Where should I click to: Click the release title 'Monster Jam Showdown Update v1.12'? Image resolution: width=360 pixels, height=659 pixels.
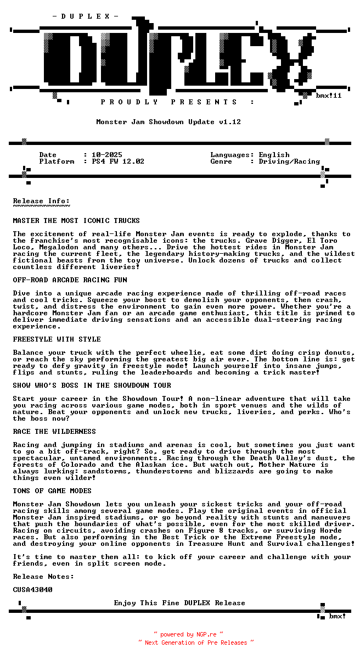point(168,122)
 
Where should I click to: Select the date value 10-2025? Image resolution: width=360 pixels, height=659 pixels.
point(107,155)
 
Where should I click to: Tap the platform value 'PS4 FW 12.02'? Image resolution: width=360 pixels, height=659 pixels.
point(118,161)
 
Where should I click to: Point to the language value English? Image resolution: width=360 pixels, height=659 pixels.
point(274,155)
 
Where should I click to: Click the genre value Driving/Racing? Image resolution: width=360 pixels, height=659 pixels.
point(289,161)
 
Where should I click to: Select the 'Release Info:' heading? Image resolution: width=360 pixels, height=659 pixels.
point(41,201)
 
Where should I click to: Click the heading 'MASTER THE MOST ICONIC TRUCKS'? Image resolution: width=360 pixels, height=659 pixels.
point(76,221)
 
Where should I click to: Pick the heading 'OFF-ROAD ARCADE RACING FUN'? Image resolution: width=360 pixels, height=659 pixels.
point(70,280)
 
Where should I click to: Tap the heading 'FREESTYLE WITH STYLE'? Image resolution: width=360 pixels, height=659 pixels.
point(57,339)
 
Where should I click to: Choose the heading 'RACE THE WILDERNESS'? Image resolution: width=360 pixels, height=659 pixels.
point(54,432)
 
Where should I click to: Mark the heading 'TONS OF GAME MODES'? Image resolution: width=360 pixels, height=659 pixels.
point(52,491)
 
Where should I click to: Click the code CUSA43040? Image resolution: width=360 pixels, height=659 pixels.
point(33,590)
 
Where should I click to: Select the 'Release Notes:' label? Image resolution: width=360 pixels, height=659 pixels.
point(43,577)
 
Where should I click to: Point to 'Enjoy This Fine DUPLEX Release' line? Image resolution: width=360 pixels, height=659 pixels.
point(179,603)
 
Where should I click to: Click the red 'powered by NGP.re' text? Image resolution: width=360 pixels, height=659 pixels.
point(188,634)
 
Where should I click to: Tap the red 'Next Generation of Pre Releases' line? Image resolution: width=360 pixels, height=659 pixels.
point(196,642)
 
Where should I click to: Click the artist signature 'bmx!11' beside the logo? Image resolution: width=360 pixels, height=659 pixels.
point(329,96)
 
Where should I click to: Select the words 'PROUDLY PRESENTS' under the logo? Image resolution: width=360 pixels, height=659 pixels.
point(170,102)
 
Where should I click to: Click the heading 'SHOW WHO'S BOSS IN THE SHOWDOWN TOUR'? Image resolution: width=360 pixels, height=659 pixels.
point(92,386)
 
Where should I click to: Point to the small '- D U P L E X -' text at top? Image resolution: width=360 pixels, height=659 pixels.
point(85,16)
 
